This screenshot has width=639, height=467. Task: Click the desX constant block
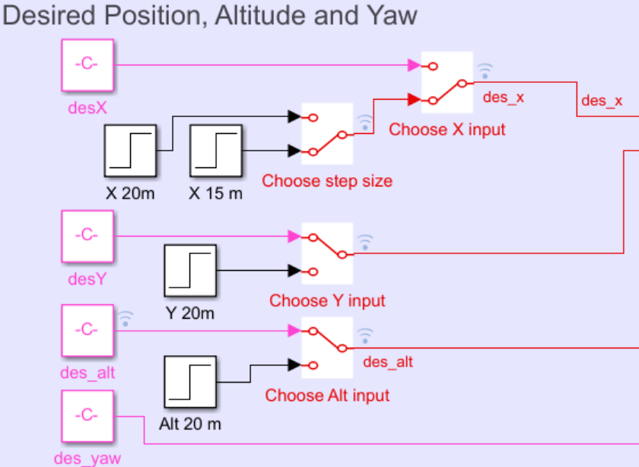click(87, 65)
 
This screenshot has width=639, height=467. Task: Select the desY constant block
click(87, 236)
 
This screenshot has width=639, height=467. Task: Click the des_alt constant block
click(87, 330)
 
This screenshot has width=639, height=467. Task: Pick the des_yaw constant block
click(87, 416)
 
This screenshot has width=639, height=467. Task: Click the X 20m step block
click(130, 151)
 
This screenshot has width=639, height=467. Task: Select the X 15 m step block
click(215, 151)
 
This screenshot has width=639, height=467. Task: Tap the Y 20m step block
click(190, 270)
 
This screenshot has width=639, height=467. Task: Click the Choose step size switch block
click(327, 134)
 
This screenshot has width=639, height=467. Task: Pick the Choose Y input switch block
click(327, 253)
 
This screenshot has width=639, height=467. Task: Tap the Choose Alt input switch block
click(327, 348)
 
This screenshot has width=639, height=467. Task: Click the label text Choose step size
click(327, 181)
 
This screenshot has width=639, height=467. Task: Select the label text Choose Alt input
click(327, 396)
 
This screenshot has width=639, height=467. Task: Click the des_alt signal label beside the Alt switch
click(388, 362)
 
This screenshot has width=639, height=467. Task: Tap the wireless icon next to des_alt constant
click(126, 318)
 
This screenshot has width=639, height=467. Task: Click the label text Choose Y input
click(327, 300)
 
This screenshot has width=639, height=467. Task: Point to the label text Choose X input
click(447, 129)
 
